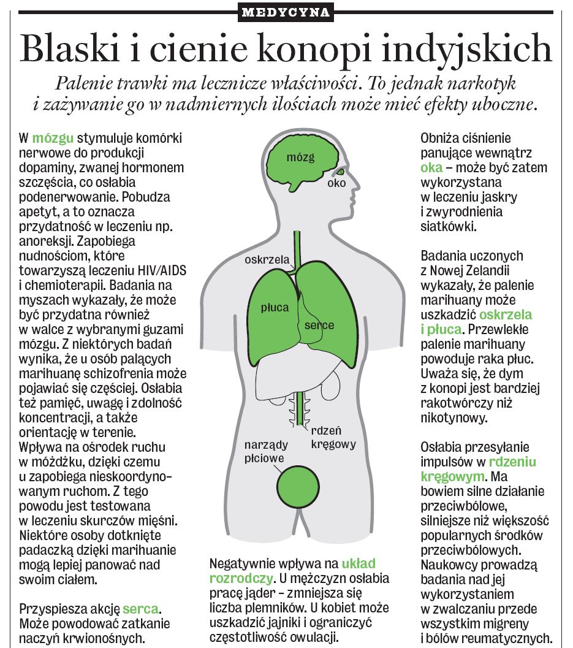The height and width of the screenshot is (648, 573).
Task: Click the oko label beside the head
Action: [x=336, y=183]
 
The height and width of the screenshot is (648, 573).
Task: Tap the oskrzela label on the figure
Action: [x=267, y=259]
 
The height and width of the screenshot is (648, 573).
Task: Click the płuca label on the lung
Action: [x=274, y=307]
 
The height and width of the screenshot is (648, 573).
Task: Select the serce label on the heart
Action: [x=319, y=324]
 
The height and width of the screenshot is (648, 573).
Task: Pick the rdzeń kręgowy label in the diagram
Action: [x=333, y=437]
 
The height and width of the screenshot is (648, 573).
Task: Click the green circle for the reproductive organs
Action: [x=300, y=484]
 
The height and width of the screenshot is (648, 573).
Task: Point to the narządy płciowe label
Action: [x=264, y=451]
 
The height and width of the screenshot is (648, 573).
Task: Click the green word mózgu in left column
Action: [x=48, y=138]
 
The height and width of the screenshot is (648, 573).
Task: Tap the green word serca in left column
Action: [x=141, y=609]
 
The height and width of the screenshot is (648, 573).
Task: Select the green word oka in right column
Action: [x=432, y=167]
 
